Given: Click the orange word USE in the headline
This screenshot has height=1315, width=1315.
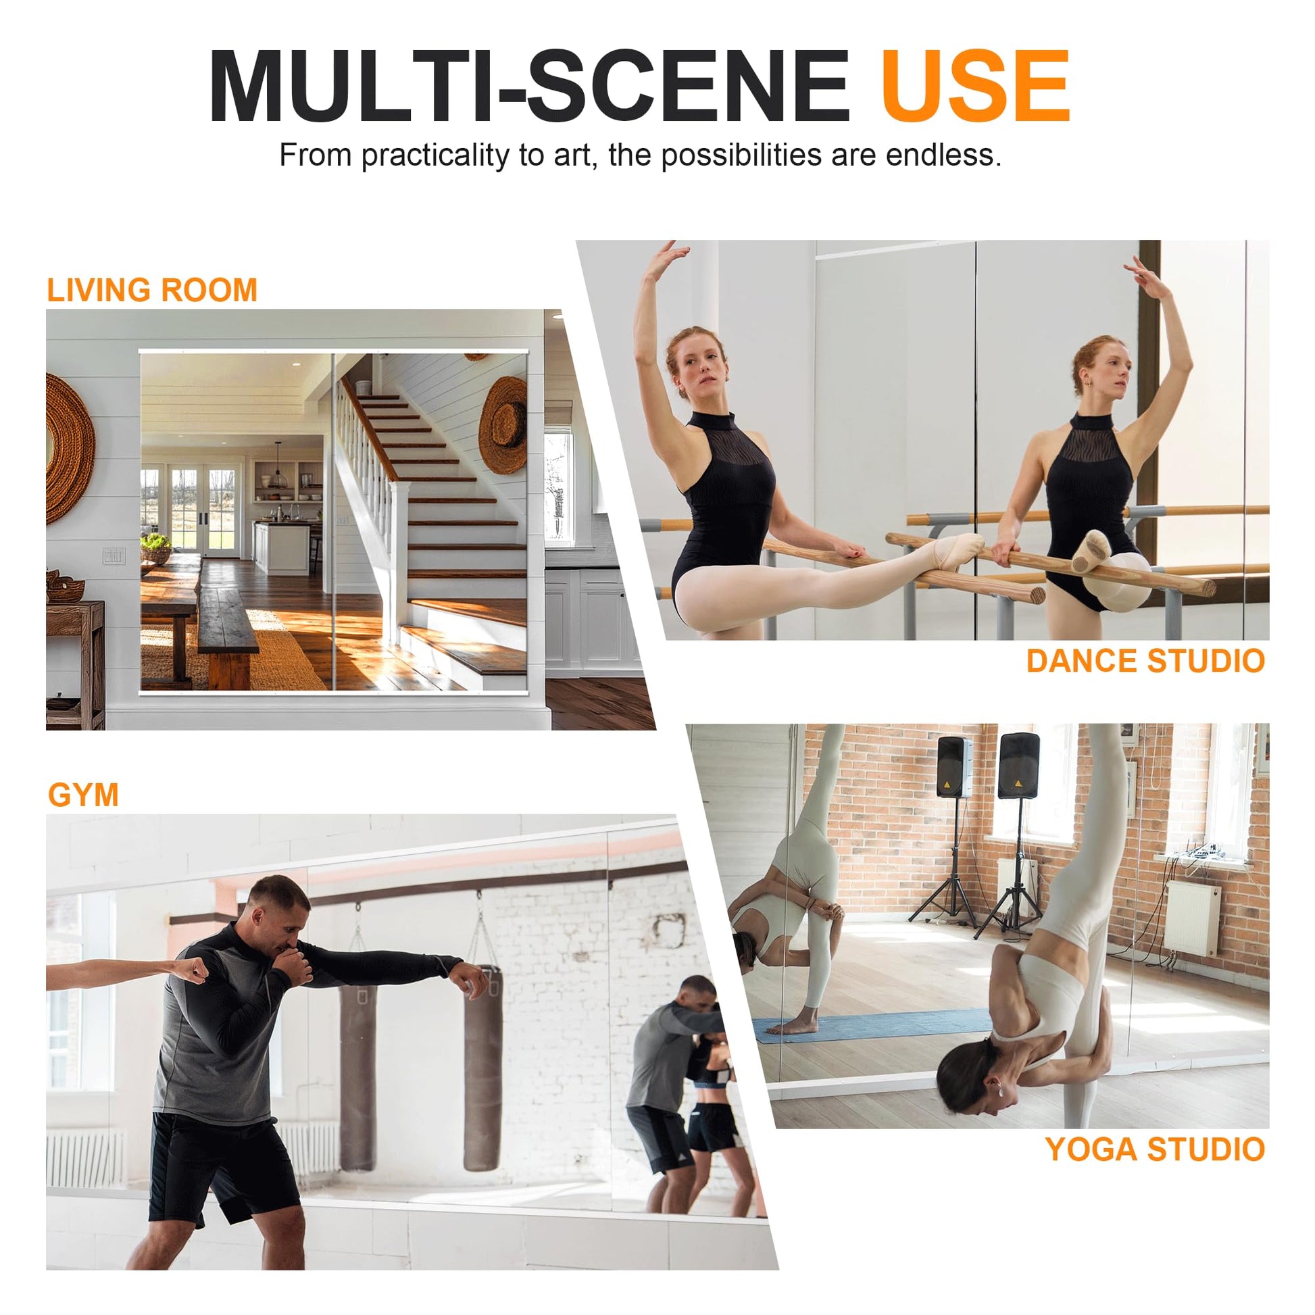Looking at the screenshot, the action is [x=975, y=86].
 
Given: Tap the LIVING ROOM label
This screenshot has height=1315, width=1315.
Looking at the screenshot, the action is [x=152, y=290].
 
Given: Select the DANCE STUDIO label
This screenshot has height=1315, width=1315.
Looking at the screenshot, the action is [x=1145, y=661].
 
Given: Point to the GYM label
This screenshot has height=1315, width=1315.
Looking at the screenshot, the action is [x=83, y=795].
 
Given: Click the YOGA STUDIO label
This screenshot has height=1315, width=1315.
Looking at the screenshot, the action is [x=1155, y=1149].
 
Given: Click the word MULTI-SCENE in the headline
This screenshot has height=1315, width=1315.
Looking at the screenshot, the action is [x=530, y=86].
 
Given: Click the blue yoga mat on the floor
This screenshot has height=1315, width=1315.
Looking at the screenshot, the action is [x=871, y=1025].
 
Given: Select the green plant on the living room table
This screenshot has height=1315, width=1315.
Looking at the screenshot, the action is [x=156, y=543].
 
